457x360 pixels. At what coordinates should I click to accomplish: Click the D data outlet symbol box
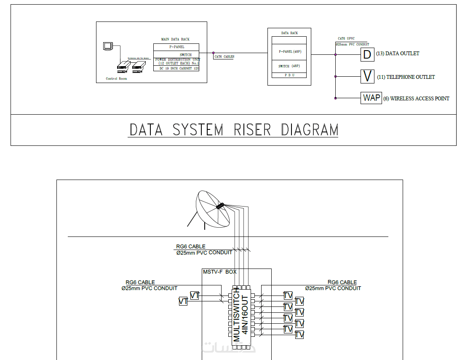pyautogui.click(x=367, y=54)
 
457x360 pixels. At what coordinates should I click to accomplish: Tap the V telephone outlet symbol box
pyautogui.click(x=367, y=76)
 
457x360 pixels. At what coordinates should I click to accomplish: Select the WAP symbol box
pyautogui.click(x=371, y=98)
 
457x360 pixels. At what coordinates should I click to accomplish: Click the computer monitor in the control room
pyautogui.click(x=108, y=46)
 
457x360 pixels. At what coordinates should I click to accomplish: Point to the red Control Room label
pyautogui.click(x=116, y=78)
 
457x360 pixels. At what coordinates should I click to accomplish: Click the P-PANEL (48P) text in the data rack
pyautogui.click(x=289, y=51)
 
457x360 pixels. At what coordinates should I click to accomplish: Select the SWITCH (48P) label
pyautogui.click(x=289, y=66)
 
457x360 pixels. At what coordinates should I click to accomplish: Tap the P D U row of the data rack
pyautogui.click(x=289, y=75)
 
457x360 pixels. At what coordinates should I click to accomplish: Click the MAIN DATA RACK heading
pyautogui.click(x=175, y=39)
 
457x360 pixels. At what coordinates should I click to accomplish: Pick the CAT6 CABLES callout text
pyautogui.click(x=224, y=56)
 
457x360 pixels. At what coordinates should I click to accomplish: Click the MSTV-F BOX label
pyautogui.click(x=219, y=272)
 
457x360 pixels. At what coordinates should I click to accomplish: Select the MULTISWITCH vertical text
pyautogui.click(x=236, y=314)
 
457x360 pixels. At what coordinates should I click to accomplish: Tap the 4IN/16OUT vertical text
pyautogui.click(x=245, y=314)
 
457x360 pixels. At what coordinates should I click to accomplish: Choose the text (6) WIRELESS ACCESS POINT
pyautogui.click(x=416, y=99)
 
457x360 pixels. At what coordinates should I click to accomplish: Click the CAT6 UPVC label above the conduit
pyautogui.click(x=346, y=38)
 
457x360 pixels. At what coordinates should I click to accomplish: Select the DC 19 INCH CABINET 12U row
pyautogui.click(x=176, y=68)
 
